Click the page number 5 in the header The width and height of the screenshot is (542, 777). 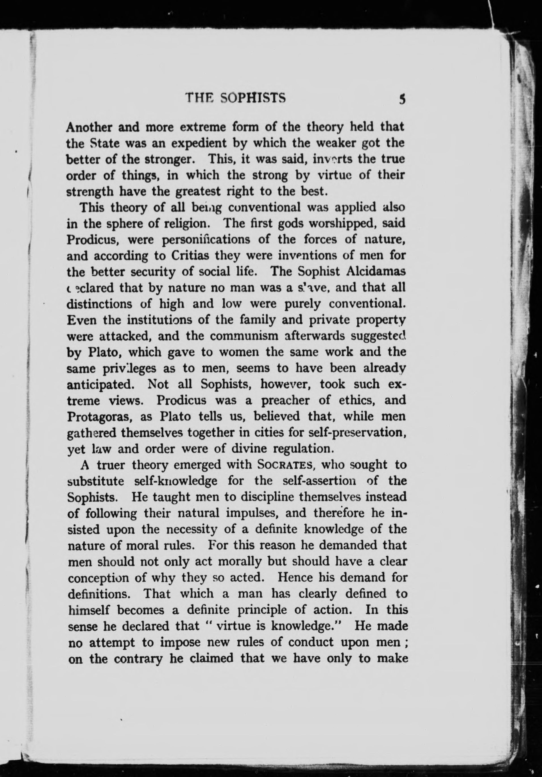[402, 99]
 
